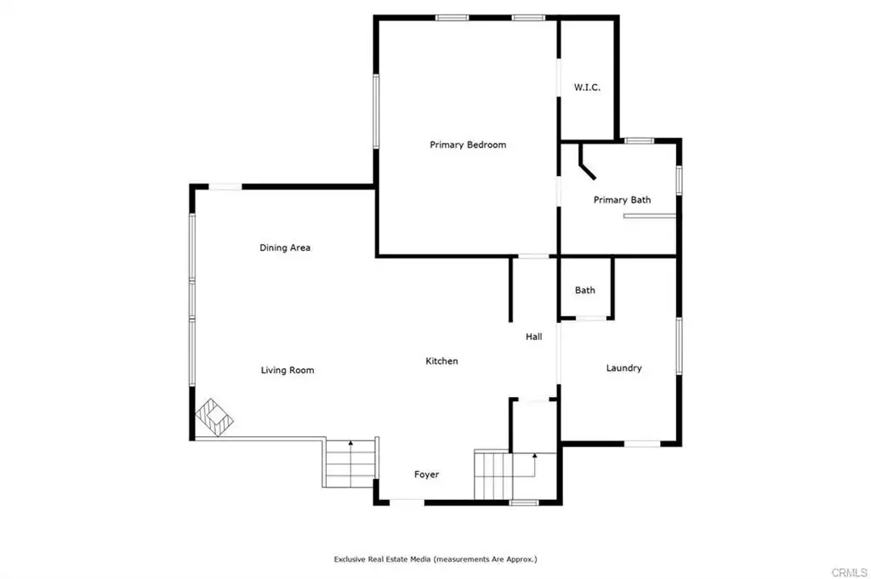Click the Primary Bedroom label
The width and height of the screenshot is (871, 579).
coord(468,145)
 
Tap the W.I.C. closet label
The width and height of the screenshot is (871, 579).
coord(587,88)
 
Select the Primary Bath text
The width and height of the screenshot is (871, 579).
coord(622,200)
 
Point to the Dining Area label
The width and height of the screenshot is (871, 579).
coord(285,247)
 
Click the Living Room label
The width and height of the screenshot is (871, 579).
coord(287,371)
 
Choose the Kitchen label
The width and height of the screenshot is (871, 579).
coord(441,360)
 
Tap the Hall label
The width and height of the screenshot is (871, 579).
coord(534,337)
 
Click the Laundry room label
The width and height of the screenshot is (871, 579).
coord(623,368)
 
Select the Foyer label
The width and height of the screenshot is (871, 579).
coord(427,474)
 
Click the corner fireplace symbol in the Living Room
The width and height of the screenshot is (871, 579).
coord(214,417)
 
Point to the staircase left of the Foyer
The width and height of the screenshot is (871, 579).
coord(350,463)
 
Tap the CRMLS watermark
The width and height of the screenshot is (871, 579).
coord(849,572)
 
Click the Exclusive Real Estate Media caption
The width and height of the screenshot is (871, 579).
coord(435,559)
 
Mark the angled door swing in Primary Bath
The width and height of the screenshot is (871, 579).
coord(586,162)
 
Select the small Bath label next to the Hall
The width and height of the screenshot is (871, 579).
coord(585,290)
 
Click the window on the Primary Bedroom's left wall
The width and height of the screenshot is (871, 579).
coord(376,111)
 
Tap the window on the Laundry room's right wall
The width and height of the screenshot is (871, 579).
coord(679,346)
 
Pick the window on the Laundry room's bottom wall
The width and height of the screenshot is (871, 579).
coord(642,444)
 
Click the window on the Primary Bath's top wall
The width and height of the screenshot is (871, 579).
coord(639,141)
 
